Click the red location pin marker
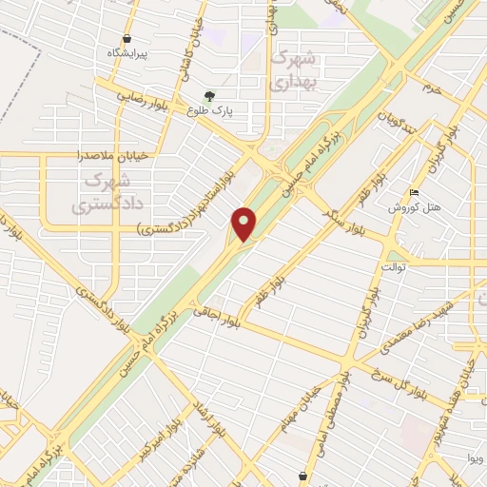pyautogui.click(x=245, y=224)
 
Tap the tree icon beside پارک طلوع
pyautogui.click(x=208, y=95)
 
